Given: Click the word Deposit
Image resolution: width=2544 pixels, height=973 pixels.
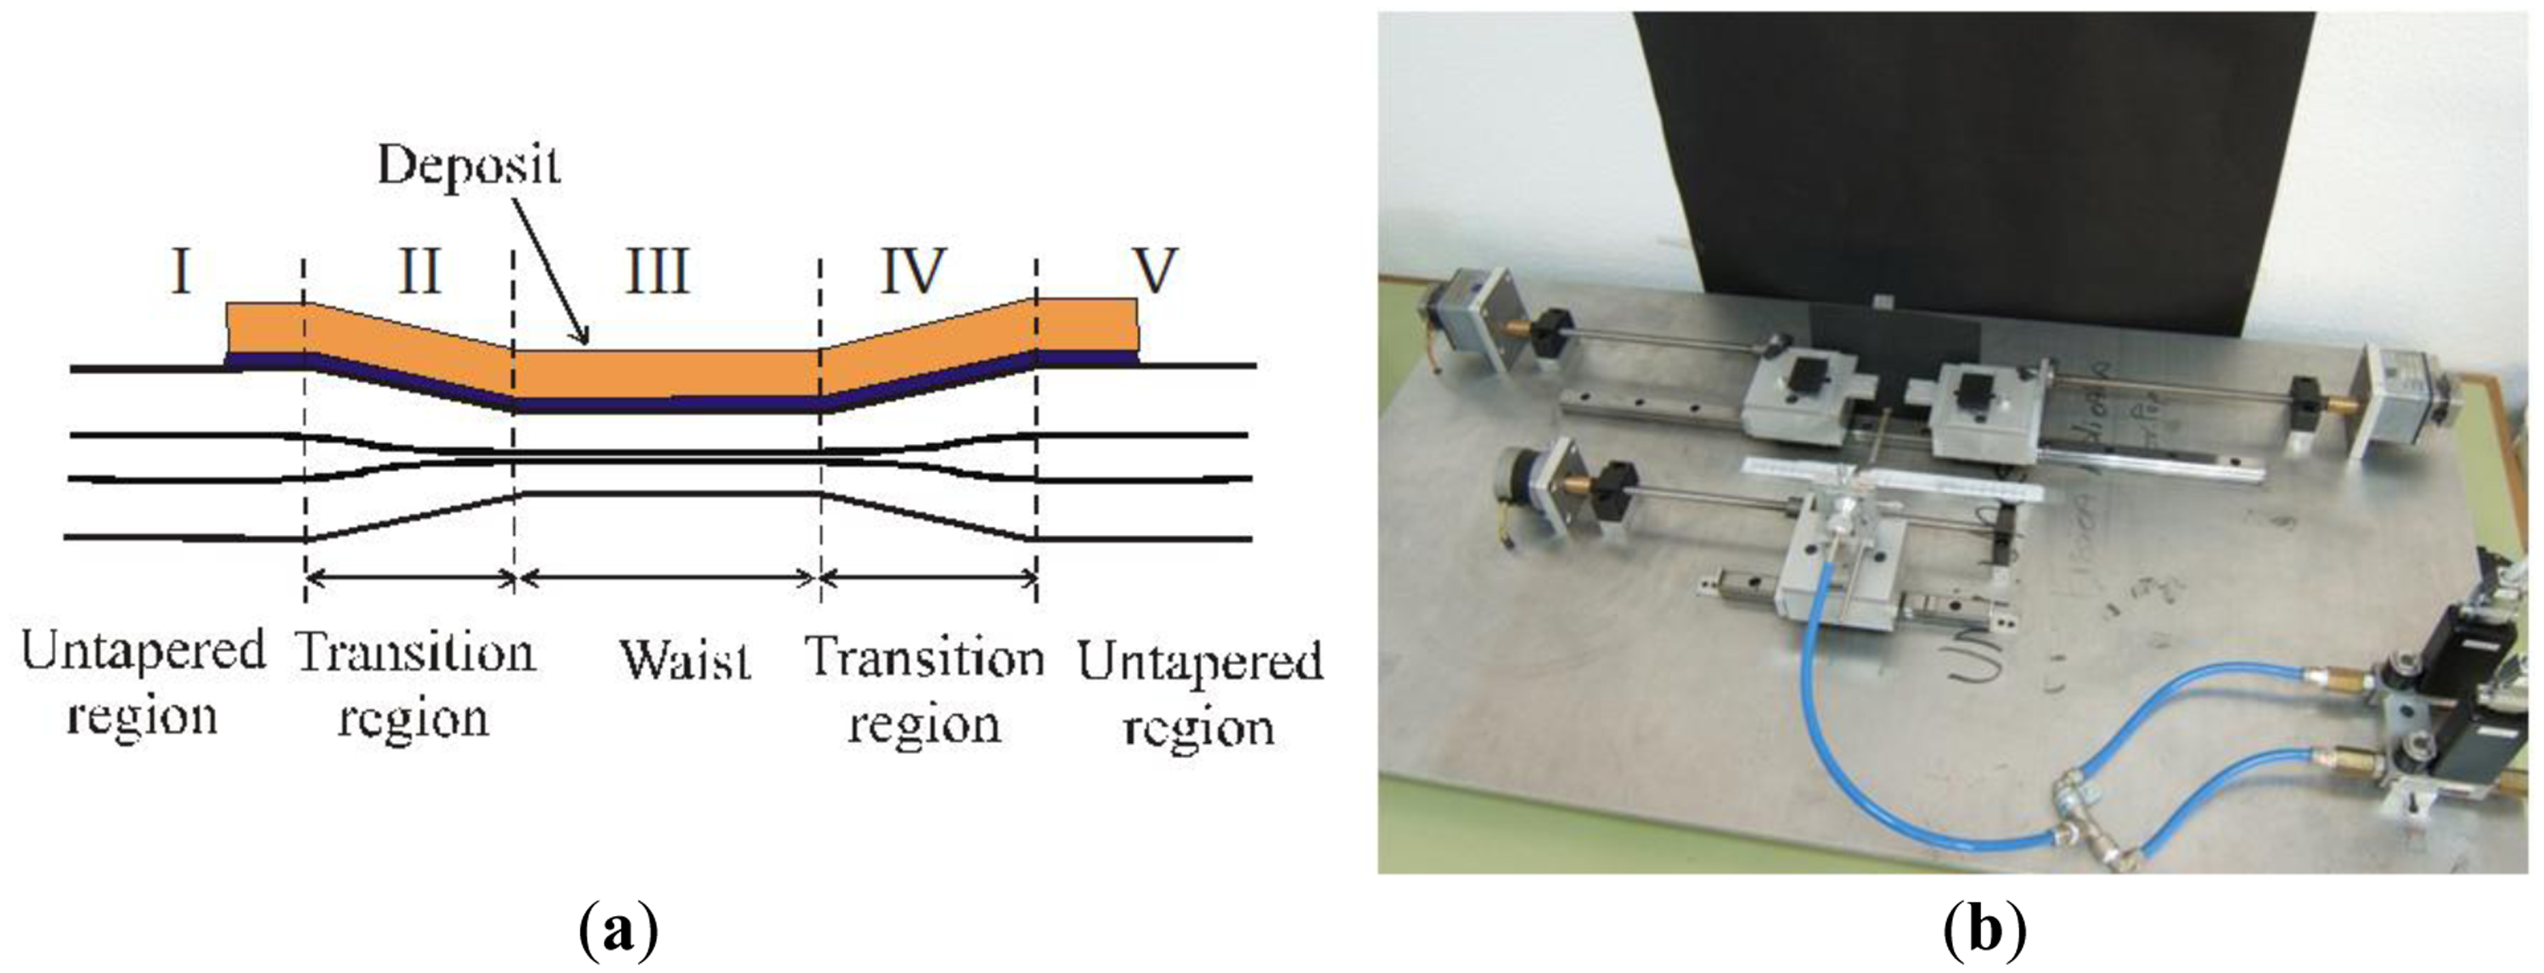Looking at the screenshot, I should (x=468, y=166).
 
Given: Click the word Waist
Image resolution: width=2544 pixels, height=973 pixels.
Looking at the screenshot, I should (x=685, y=660).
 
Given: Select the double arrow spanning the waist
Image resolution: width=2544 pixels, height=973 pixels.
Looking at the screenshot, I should (x=667, y=579).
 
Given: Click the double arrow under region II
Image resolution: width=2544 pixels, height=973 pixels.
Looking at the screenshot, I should (x=410, y=579).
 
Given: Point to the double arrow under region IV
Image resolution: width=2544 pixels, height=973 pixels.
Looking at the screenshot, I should (x=928, y=579).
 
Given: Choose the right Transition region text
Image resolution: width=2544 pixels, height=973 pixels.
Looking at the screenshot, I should (x=925, y=691).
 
